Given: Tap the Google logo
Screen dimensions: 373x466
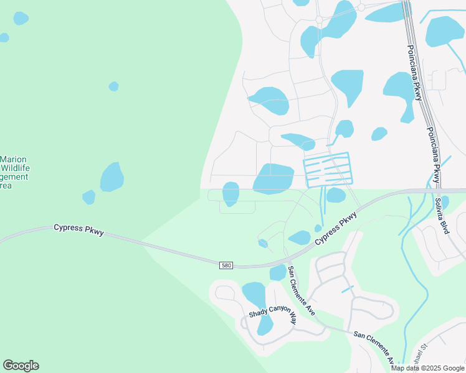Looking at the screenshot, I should (x=21, y=366).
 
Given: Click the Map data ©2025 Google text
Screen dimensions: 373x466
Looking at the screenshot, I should (x=427, y=368).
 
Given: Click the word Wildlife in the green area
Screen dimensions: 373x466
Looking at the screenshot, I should (x=15, y=168).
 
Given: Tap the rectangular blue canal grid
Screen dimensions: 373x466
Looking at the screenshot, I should (x=328, y=169).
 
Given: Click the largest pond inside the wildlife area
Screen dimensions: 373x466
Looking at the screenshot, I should (x=112, y=177).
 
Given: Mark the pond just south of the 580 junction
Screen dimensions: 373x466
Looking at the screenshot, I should (x=278, y=272).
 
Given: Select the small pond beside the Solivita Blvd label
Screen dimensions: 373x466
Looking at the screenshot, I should (x=444, y=202).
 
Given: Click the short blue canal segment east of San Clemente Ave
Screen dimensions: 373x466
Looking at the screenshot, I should (x=347, y=289).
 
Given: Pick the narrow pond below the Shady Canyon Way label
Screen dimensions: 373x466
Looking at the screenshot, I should (x=265, y=325).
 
